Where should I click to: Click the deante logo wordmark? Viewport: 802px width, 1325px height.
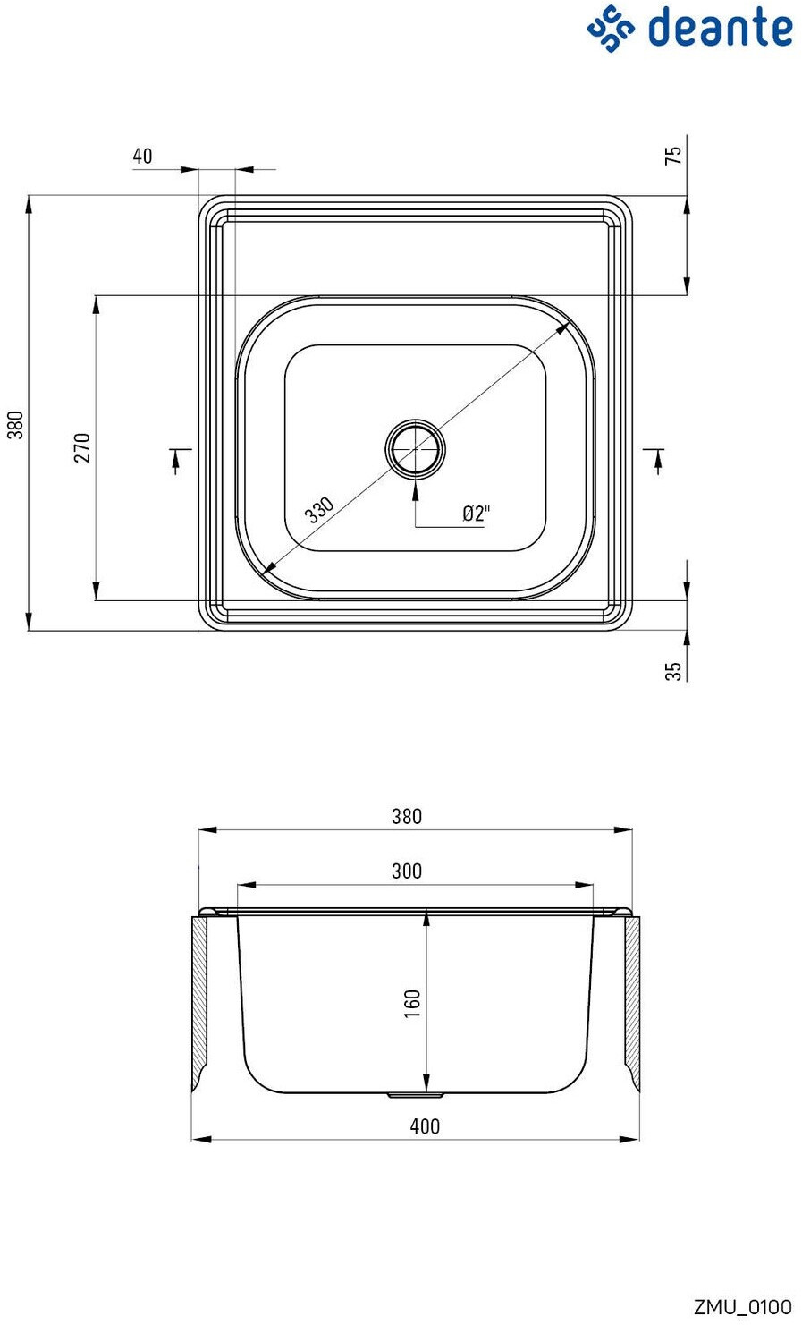point(721,28)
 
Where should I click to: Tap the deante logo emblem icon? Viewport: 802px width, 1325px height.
point(611,29)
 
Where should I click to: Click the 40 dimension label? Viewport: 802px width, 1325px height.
point(142,157)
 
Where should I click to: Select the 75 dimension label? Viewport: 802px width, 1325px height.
point(673,155)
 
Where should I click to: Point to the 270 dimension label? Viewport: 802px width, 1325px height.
point(82,447)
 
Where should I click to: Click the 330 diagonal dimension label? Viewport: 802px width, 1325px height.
point(319,510)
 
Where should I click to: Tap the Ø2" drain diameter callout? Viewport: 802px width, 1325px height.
point(477,513)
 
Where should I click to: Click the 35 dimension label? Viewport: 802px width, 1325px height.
point(673,671)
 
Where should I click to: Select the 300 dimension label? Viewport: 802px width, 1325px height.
point(407,871)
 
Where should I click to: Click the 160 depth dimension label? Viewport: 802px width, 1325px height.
point(412,1003)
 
